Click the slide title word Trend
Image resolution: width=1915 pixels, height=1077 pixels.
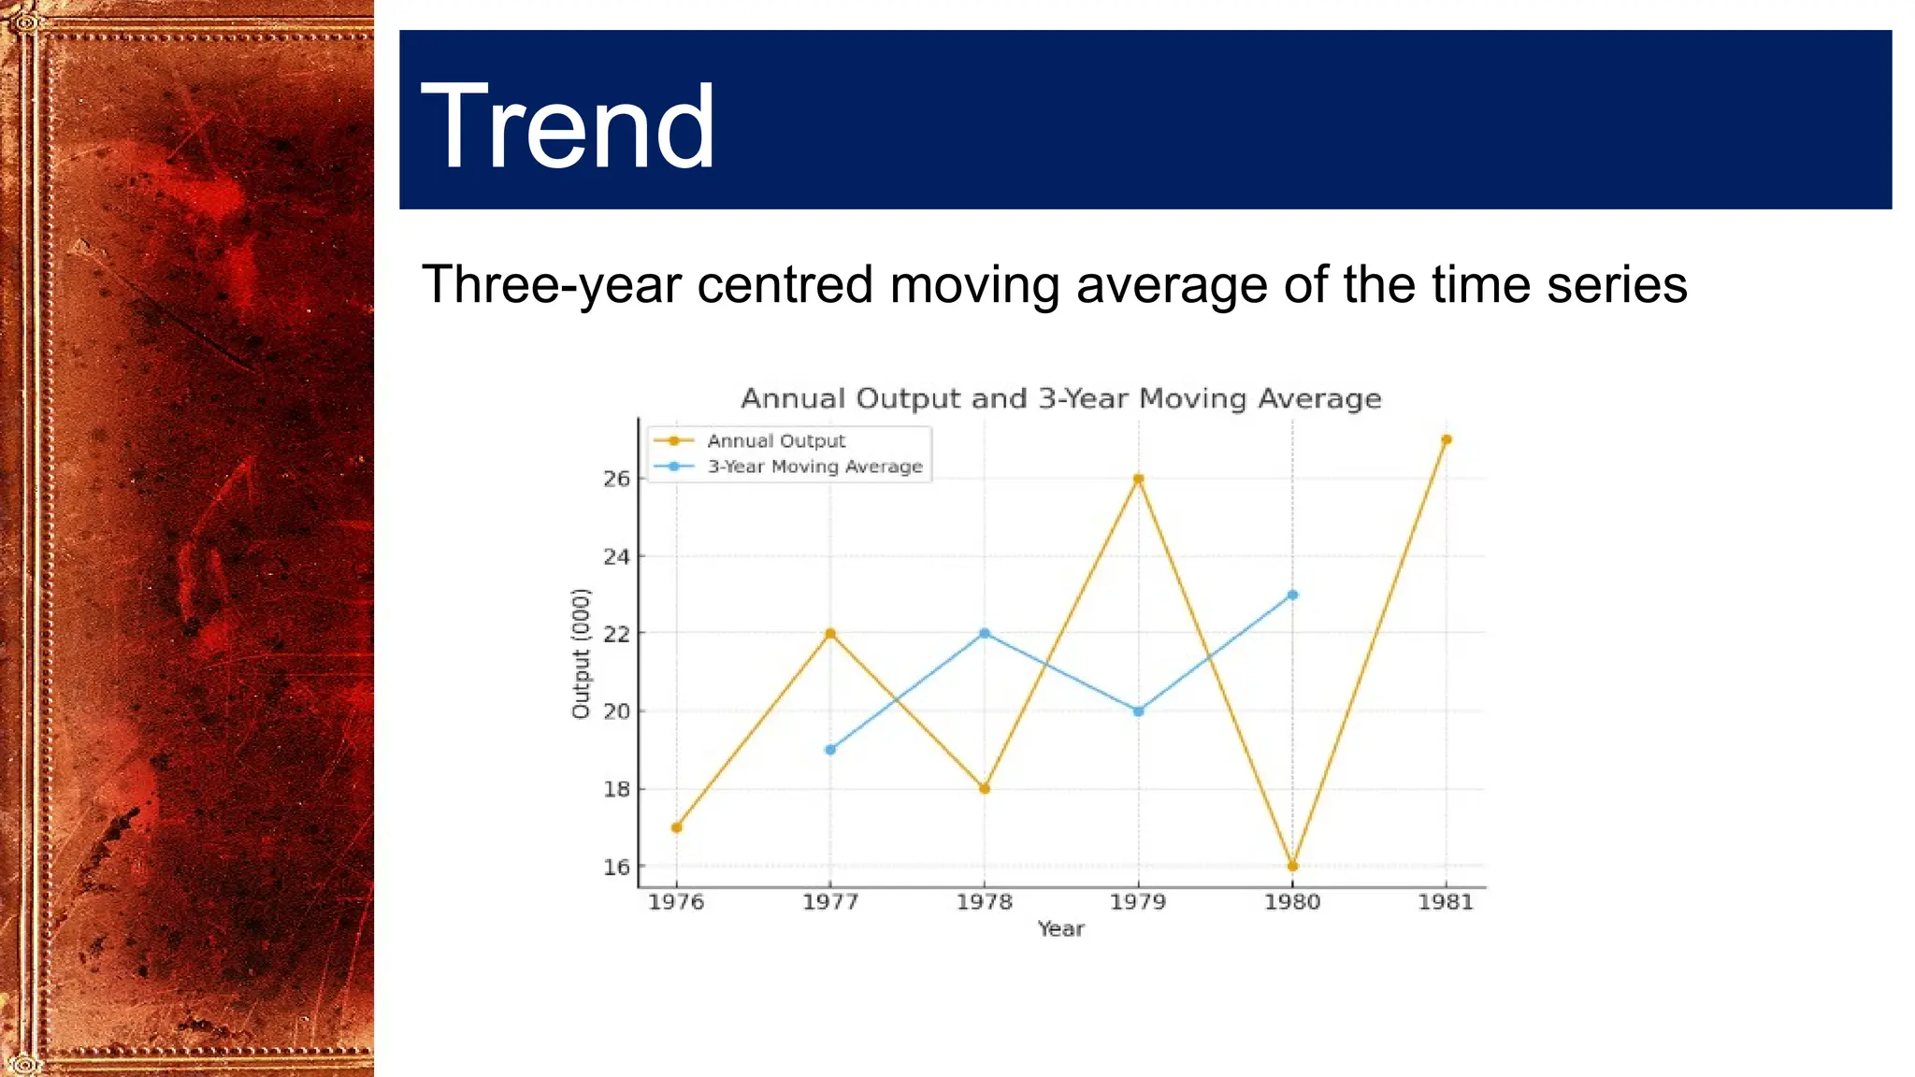568,126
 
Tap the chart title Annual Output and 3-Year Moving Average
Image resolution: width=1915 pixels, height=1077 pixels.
1060,398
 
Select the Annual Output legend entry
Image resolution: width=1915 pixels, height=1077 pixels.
775,440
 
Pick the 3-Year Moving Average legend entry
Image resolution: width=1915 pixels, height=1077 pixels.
814,467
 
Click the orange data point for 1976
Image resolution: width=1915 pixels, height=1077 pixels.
677,827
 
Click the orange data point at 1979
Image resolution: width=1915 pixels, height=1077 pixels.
1138,479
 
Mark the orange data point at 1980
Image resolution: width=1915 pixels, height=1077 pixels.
1292,867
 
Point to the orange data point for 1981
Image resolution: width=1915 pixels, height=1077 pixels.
1447,439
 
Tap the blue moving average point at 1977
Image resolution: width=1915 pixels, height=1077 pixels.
830,750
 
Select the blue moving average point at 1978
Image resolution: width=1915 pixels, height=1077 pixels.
985,633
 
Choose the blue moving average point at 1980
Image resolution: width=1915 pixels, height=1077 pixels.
1292,595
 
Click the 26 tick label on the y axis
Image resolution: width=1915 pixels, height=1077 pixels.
616,479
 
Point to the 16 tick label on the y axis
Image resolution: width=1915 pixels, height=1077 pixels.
616,867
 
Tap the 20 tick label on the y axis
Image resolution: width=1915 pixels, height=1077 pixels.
616,711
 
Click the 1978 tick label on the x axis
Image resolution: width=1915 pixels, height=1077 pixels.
984,902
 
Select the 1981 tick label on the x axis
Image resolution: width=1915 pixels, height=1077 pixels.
1446,902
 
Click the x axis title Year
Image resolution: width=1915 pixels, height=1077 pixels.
1060,929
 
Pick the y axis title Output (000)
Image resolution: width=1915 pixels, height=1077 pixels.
581,653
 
